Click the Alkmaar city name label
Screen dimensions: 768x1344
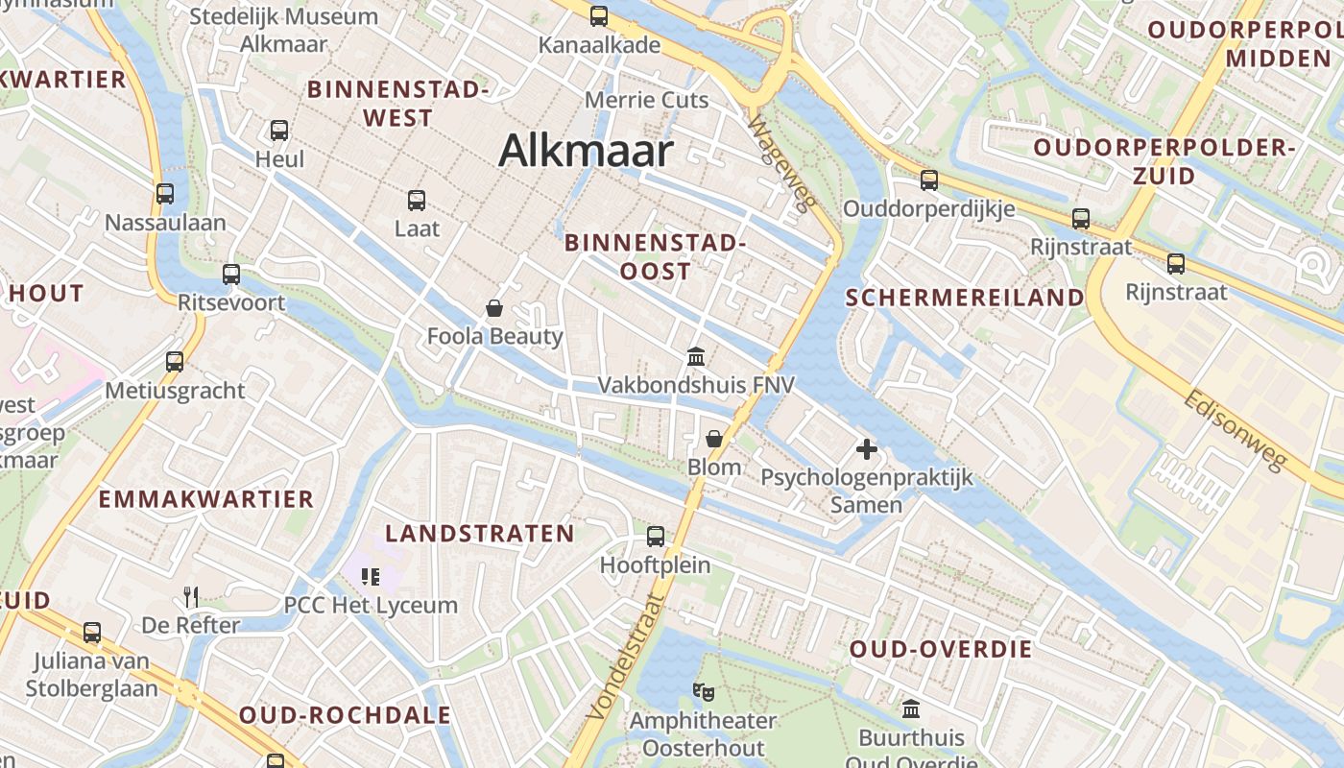click(586, 152)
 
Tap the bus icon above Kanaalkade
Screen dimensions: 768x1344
click(599, 15)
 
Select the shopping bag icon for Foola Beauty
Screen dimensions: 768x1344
click(494, 308)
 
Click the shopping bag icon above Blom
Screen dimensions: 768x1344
click(714, 439)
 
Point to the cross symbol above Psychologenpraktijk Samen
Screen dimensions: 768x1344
click(867, 448)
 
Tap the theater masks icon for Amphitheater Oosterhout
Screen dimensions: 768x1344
click(704, 691)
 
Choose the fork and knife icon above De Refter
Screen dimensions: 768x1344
click(191, 597)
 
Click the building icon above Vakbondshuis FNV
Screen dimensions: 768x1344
click(696, 357)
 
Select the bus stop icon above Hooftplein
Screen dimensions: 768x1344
click(656, 537)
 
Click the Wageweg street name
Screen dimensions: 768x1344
click(781, 162)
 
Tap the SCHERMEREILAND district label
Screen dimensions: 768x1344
click(965, 298)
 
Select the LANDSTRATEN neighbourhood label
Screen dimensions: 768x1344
click(480, 534)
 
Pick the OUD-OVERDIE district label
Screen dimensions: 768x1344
click(941, 650)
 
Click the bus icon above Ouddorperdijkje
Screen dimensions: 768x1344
click(928, 180)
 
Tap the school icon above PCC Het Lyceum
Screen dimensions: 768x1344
click(371, 576)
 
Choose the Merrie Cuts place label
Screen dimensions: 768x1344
click(647, 100)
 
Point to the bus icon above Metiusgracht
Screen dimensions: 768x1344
click(175, 362)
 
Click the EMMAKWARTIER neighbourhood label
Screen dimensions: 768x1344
click(206, 499)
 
